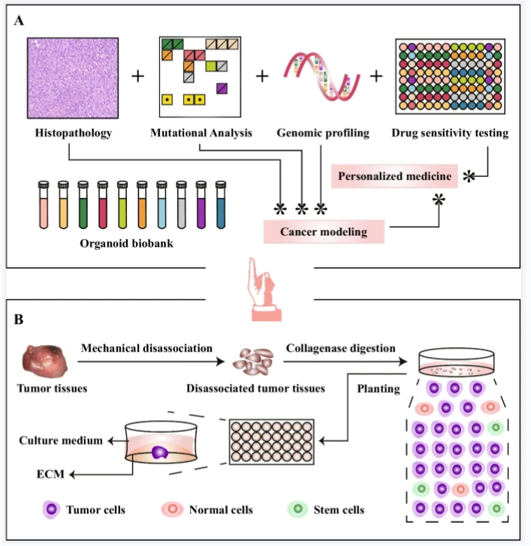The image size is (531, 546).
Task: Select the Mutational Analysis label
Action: tap(202, 134)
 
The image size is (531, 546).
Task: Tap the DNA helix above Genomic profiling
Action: tap(316, 75)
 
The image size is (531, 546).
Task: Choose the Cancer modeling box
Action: tap(324, 232)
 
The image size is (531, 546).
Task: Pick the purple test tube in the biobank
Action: tap(201, 204)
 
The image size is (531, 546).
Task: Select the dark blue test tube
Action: tap(220, 204)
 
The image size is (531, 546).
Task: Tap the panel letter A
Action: tap(20, 21)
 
